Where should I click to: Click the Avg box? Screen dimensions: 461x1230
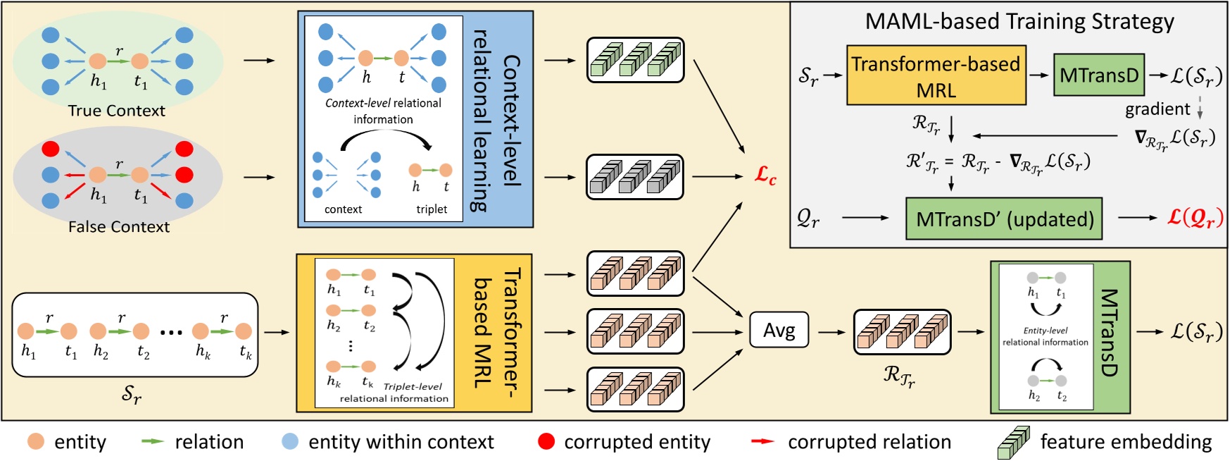[779, 331]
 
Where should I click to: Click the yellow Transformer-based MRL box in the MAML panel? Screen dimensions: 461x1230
[936, 76]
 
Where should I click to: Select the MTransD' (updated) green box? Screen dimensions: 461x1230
[1004, 219]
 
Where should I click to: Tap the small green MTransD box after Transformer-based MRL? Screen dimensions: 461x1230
[1098, 75]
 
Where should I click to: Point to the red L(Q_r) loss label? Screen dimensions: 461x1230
[1195, 217]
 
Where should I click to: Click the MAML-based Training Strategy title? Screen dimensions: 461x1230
[1019, 21]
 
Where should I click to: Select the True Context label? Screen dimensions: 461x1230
[116, 111]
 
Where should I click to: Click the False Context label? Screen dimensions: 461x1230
[118, 227]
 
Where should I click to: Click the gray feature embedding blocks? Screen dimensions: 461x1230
[635, 177]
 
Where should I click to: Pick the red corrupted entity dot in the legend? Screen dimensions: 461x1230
[546, 441]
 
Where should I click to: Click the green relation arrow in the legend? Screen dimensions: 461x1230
[152, 441]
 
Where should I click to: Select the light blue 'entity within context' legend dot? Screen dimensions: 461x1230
[289, 441]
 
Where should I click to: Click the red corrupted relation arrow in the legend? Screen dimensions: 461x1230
[762, 441]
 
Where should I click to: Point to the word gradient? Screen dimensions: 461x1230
[1157, 109]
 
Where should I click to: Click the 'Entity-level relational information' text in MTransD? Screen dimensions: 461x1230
[1045, 336]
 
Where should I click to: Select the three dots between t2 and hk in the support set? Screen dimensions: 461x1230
[171, 332]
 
